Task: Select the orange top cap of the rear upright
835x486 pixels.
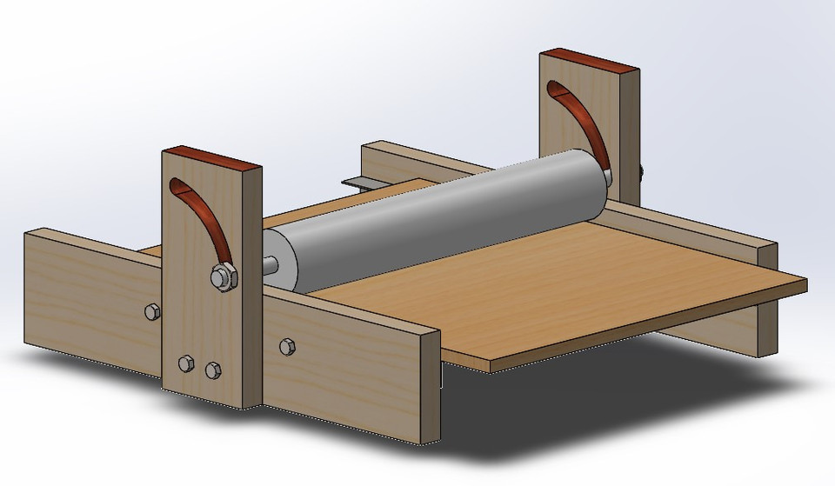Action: point(590,63)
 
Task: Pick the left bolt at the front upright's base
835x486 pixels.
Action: point(184,363)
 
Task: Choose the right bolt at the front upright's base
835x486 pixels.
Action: point(212,370)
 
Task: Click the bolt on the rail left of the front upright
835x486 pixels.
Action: point(150,310)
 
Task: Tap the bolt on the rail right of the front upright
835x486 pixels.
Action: point(287,347)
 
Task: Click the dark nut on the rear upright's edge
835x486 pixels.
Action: point(642,174)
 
